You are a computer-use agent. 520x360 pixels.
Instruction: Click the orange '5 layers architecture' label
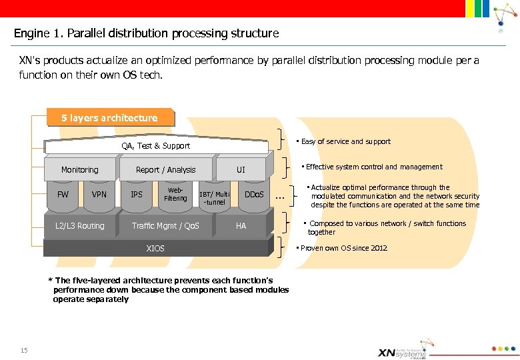[x=109, y=118]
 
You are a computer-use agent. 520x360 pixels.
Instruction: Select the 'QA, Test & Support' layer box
[x=155, y=145]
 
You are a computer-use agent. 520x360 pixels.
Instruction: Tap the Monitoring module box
[x=79, y=170]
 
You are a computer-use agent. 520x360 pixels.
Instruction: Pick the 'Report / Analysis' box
[x=165, y=170]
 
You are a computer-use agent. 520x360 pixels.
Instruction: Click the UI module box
[x=241, y=170]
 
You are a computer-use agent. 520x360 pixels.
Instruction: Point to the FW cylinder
[x=63, y=195]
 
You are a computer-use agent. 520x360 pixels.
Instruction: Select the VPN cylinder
[x=99, y=195]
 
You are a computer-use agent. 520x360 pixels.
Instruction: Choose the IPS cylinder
[x=137, y=195]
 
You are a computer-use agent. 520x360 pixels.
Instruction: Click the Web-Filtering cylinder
[x=175, y=195]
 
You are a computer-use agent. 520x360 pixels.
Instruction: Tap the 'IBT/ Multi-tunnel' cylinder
[x=214, y=198]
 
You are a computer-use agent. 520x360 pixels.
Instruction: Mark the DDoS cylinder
[x=253, y=195]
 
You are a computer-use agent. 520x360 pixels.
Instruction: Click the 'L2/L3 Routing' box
[x=80, y=226]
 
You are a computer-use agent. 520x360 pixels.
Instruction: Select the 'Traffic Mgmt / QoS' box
[x=165, y=226]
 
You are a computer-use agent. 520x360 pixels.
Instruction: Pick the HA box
[x=241, y=226]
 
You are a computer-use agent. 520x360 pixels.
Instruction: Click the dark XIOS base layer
[x=155, y=249]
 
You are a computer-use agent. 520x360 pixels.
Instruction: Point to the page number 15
[x=24, y=351]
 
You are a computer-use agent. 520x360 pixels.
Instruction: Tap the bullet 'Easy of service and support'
[x=345, y=141]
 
